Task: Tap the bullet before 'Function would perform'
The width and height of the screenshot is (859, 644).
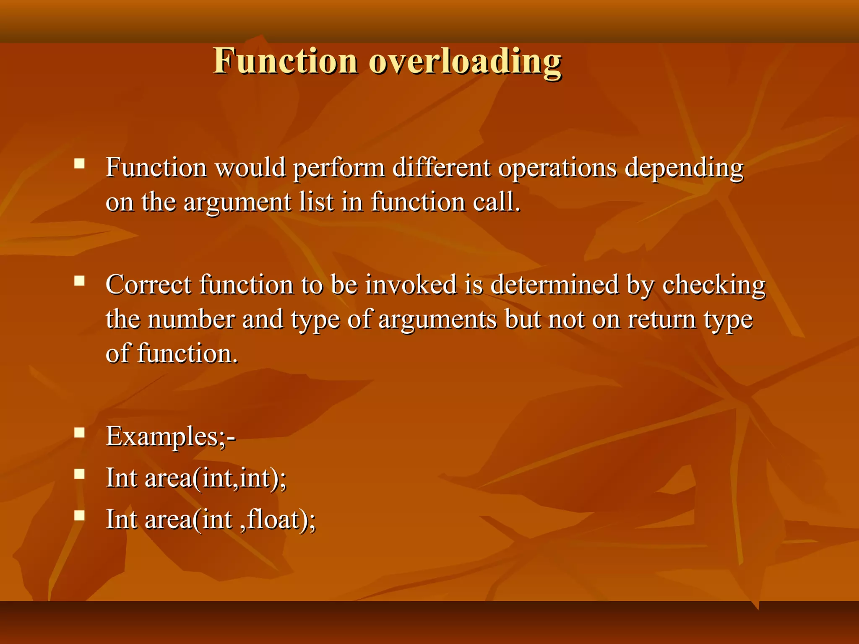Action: coord(79,163)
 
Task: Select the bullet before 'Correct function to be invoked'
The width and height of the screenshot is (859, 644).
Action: coord(79,280)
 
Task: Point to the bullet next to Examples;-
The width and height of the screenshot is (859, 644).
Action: coord(79,432)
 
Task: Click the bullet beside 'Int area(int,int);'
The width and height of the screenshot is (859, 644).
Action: coord(79,474)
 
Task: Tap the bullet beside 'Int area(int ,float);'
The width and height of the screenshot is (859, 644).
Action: coord(79,515)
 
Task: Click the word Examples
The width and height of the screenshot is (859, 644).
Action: coord(162,436)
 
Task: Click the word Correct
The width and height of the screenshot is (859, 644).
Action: coord(148,285)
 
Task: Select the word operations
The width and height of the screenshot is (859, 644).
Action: coord(557,168)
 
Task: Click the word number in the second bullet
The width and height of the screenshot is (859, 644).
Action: coord(191,319)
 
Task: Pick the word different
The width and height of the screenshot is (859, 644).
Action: coord(441,167)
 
